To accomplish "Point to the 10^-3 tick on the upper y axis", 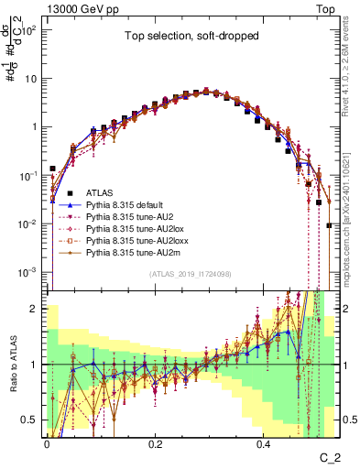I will point(30,272).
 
